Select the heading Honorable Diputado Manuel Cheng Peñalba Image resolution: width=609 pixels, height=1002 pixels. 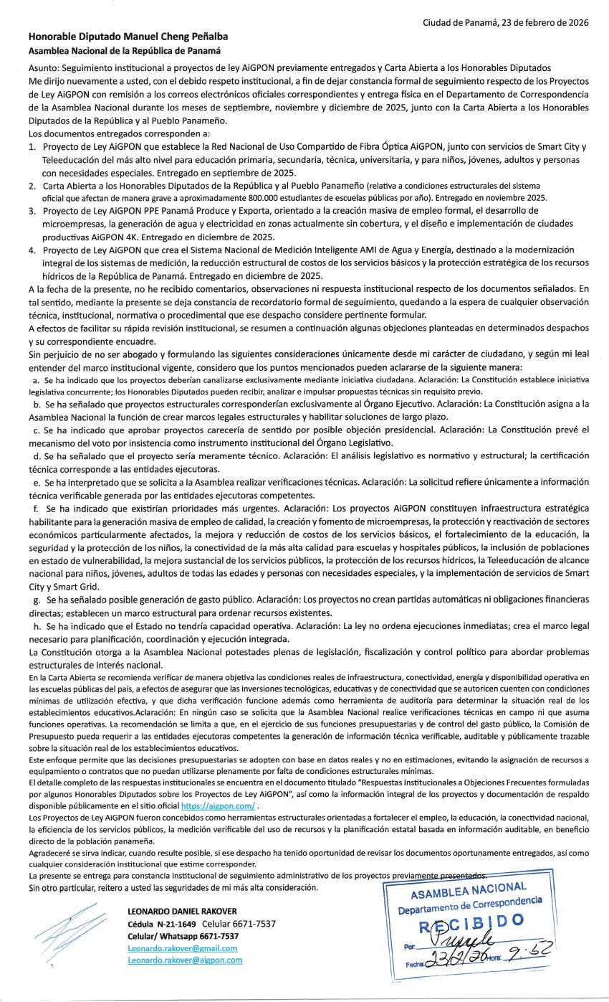(130, 37)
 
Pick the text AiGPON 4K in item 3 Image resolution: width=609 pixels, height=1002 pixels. (101, 237)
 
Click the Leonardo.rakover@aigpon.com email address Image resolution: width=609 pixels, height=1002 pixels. (184, 960)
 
